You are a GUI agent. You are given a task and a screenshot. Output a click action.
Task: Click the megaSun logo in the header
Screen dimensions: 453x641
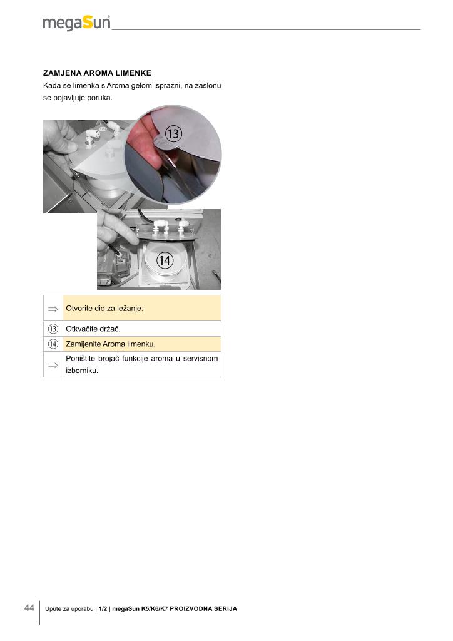pyautogui.click(x=76, y=23)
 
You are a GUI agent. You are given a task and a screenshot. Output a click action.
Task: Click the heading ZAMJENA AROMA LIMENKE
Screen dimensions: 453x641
pyautogui.click(x=97, y=73)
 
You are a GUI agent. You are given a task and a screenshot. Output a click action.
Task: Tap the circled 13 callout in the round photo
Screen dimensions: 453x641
pyautogui.click(x=173, y=134)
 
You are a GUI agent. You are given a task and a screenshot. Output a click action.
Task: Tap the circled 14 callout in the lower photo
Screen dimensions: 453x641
pyautogui.click(x=165, y=260)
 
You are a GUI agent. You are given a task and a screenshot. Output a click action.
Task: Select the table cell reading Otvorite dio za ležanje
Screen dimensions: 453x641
pyautogui.click(x=142, y=308)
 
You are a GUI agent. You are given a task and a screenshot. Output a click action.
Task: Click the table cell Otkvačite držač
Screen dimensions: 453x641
pyautogui.click(x=142, y=329)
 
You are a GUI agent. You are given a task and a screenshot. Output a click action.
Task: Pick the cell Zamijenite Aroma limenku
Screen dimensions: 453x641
pyautogui.click(x=142, y=344)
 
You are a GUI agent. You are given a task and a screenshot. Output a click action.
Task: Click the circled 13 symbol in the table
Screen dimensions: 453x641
pyautogui.click(x=53, y=329)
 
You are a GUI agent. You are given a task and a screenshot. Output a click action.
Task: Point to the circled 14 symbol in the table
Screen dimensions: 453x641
pyautogui.click(x=53, y=344)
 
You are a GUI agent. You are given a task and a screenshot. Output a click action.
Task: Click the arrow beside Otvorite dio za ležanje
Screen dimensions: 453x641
pyautogui.click(x=53, y=309)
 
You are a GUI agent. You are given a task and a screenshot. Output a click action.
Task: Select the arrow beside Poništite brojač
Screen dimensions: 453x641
pyautogui.click(x=53, y=365)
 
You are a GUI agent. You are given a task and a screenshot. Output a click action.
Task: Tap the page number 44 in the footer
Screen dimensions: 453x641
pyautogui.click(x=29, y=608)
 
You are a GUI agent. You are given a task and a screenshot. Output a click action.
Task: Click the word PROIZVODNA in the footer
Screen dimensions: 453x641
pyautogui.click(x=190, y=608)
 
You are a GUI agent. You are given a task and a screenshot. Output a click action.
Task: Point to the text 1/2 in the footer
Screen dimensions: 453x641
pyautogui.click(x=103, y=608)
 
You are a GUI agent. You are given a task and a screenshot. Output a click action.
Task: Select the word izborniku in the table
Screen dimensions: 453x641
pyautogui.click(x=82, y=371)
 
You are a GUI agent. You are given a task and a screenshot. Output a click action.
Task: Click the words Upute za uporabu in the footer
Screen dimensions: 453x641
pyautogui.click(x=69, y=608)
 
